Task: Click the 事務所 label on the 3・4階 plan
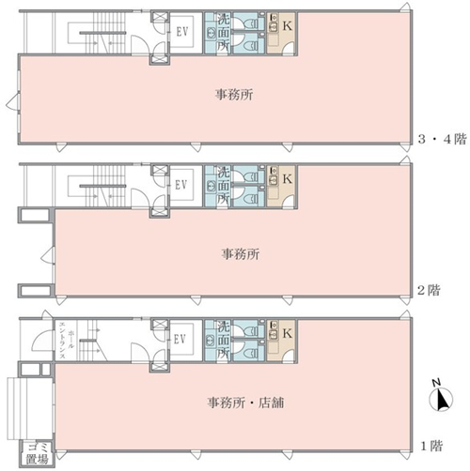[x=234, y=95]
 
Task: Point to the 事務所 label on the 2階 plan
[x=241, y=254]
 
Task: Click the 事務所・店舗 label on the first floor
[x=245, y=403]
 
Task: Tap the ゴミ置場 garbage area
[x=38, y=453]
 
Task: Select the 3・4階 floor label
[x=442, y=139]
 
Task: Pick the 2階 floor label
[x=429, y=290]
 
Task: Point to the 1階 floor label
[x=431, y=446]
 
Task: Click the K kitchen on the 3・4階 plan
[x=282, y=33]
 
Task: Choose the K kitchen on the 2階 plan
[x=282, y=187]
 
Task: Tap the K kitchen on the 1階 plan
[x=282, y=341]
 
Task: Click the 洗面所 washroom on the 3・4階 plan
[x=218, y=33]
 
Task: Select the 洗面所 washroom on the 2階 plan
[x=218, y=187]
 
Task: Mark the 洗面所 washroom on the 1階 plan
[x=218, y=341]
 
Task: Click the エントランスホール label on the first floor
[x=67, y=341]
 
